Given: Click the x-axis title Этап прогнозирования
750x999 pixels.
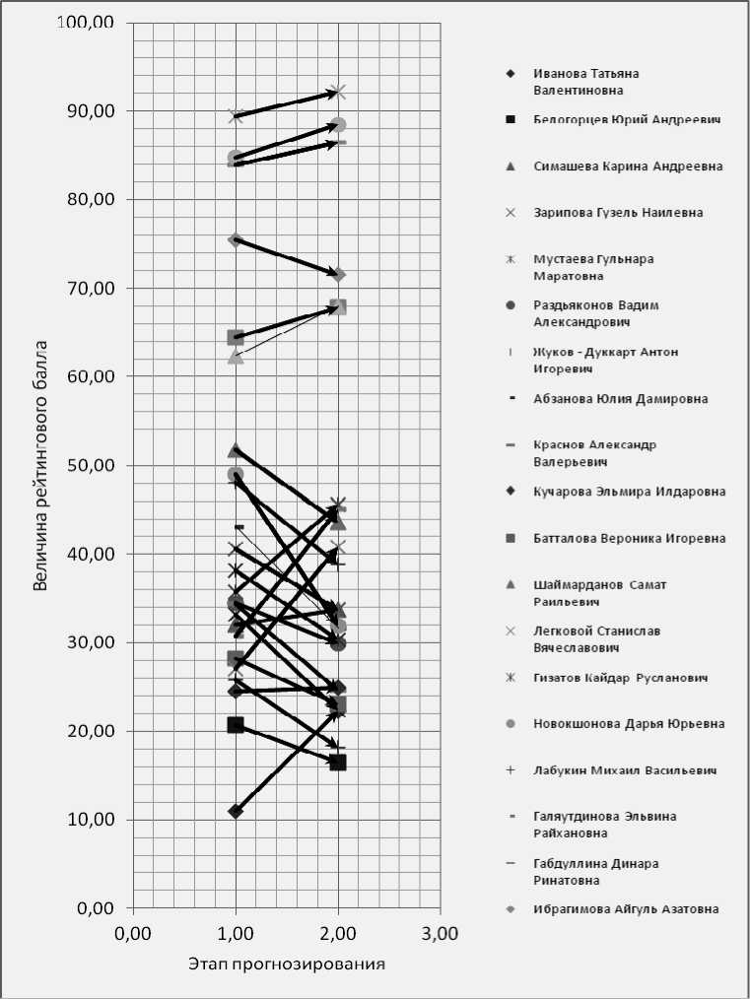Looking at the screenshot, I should click(x=286, y=964).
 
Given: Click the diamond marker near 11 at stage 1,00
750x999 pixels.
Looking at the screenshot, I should click(x=236, y=811).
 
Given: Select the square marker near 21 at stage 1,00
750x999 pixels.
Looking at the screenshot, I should click(x=236, y=725).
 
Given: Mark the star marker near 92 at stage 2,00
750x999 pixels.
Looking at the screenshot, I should click(x=338, y=93).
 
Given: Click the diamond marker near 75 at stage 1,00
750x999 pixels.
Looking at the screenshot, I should click(x=236, y=239).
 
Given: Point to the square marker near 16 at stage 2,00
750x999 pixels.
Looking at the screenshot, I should click(x=338, y=763).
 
